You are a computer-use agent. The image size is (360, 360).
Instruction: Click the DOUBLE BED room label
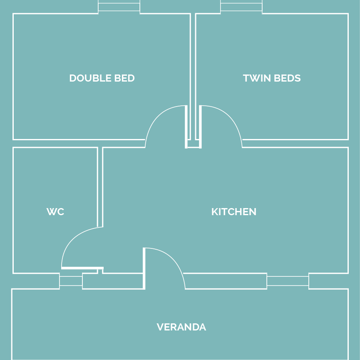[x=102, y=78]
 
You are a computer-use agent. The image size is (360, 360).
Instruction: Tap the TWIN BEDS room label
[x=272, y=78]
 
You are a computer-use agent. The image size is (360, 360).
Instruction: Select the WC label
[x=55, y=212]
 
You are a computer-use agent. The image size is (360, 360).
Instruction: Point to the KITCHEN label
[x=234, y=212]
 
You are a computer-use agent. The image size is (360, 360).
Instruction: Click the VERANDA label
[x=181, y=327]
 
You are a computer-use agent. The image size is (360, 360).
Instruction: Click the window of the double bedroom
[x=119, y=7]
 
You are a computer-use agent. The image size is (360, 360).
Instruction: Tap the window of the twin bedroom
[x=241, y=7]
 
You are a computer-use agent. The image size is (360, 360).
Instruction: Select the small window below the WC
[x=71, y=281]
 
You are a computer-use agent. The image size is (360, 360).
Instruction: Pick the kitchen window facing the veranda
[x=288, y=281]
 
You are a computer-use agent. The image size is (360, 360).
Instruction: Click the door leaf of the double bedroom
[x=186, y=127]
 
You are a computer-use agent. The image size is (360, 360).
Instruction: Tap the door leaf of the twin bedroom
[x=201, y=127]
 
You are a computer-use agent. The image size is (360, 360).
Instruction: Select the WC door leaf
[x=82, y=268]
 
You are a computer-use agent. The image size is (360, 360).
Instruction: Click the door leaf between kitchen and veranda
[x=144, y=268]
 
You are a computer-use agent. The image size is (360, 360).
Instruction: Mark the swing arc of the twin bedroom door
[x=230, y=117]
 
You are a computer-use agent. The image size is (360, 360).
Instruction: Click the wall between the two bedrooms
[x=193, y=77]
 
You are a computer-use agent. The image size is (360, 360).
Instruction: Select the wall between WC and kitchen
[x=100, y=187]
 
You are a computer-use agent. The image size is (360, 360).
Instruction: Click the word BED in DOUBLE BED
[x=124, y=78]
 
